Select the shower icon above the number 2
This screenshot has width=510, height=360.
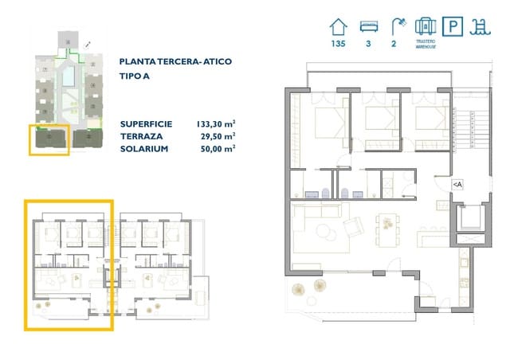[x=394, y=25]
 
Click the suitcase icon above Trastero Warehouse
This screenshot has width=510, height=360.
[x=424, y=25]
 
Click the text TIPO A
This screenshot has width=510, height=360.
[x=134, y=77]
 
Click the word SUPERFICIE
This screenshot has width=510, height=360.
[x=145, y=124]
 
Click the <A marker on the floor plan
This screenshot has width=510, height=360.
[x=457, y=184]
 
